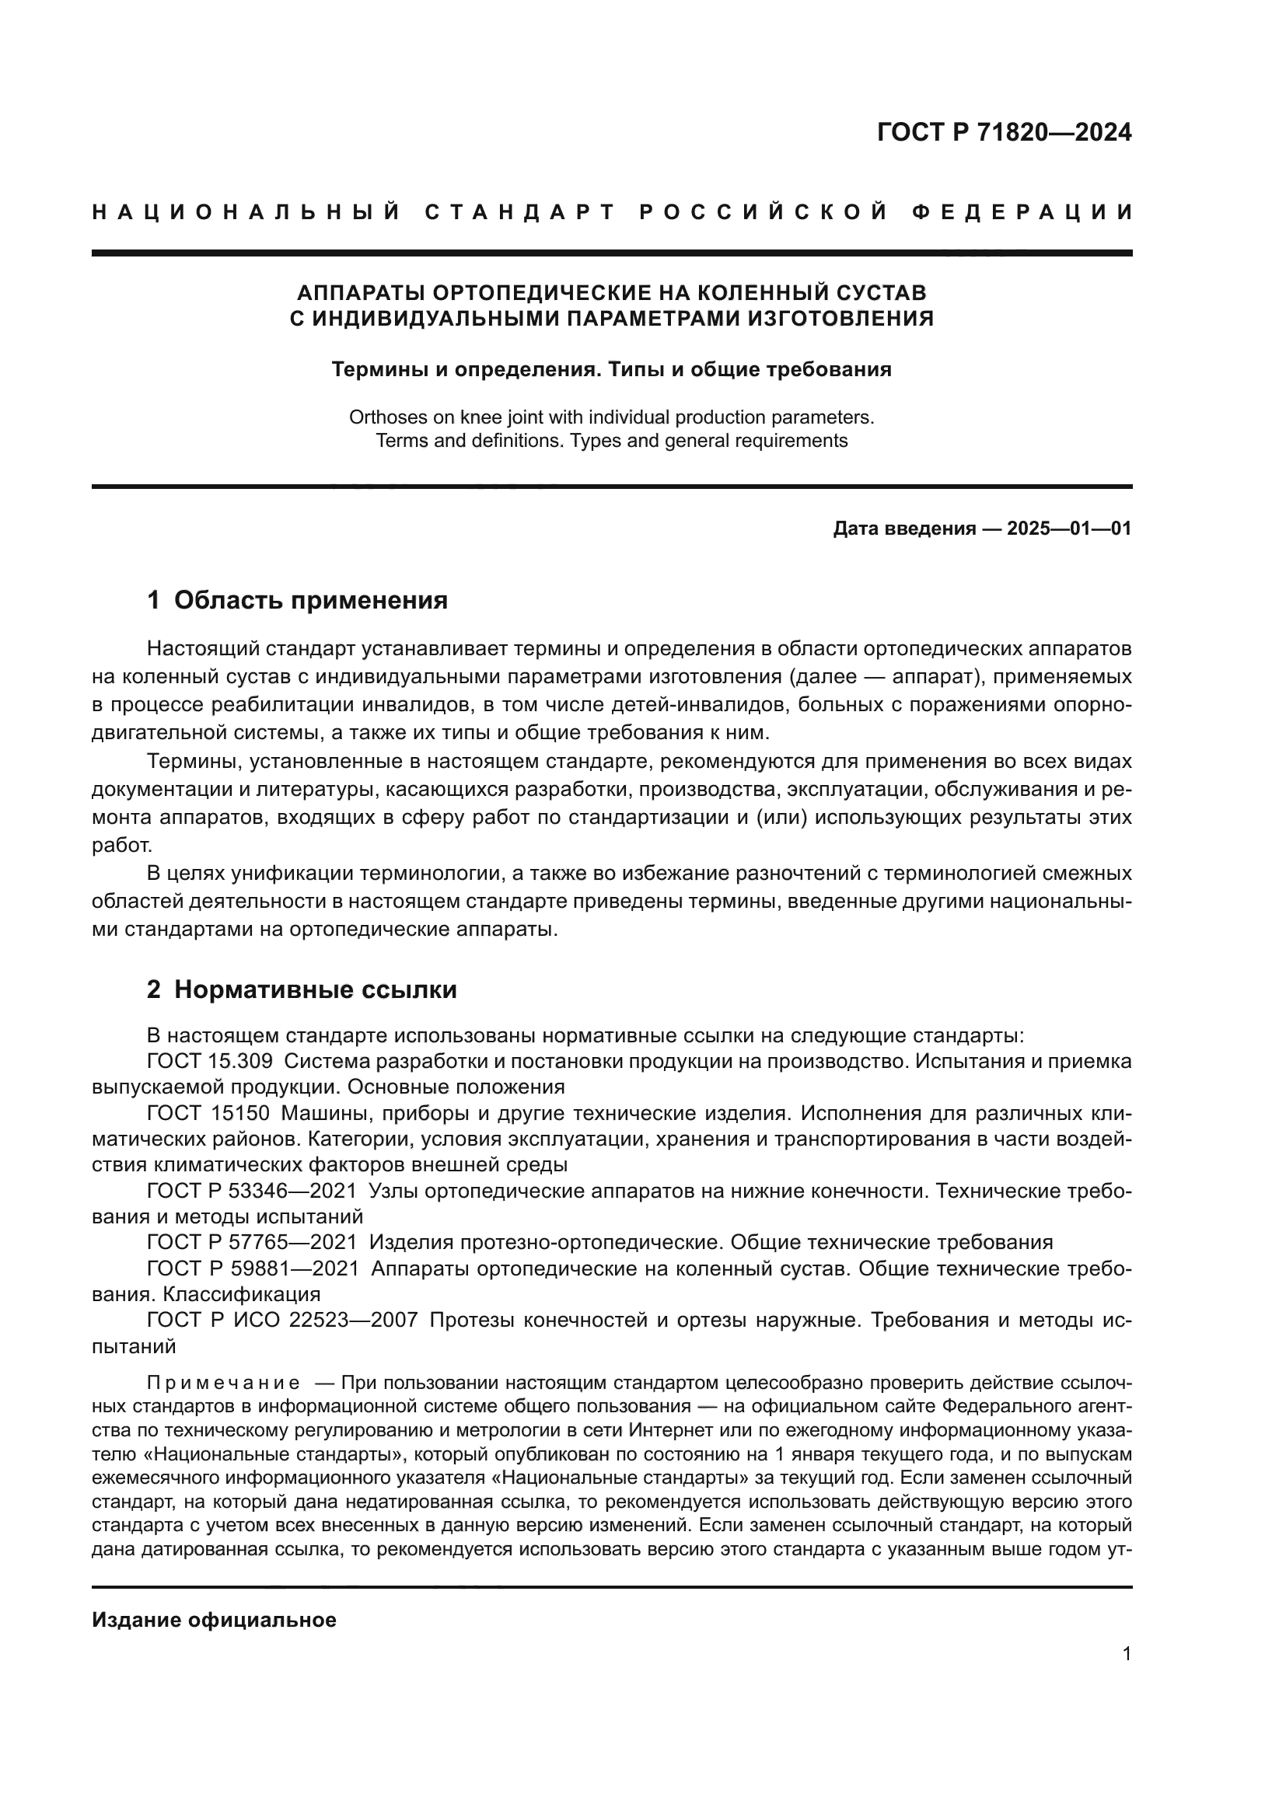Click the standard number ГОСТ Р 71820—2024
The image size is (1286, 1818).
click(x=1004, y=133)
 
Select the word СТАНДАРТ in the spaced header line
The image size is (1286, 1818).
click(x=520, y=212)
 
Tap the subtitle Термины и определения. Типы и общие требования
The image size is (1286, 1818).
click(x=611, y=370)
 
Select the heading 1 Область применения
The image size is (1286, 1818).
click(x=297, y=600)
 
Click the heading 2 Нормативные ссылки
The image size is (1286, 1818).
click(x=302, y=989)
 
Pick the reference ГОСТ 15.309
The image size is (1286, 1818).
click(x=210, y=1061)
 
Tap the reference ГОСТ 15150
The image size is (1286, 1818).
click(x=208, y=1113)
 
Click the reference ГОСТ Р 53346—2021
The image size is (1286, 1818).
click(x=252, y=1191)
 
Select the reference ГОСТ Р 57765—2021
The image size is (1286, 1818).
click(x=252, y=1242)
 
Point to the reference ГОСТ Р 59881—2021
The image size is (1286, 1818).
click(x=252, y=1268)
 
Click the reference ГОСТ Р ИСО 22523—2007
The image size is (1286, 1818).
click(x=282, y=1320)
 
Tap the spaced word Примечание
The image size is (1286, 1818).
click(x=223, y=1384)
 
